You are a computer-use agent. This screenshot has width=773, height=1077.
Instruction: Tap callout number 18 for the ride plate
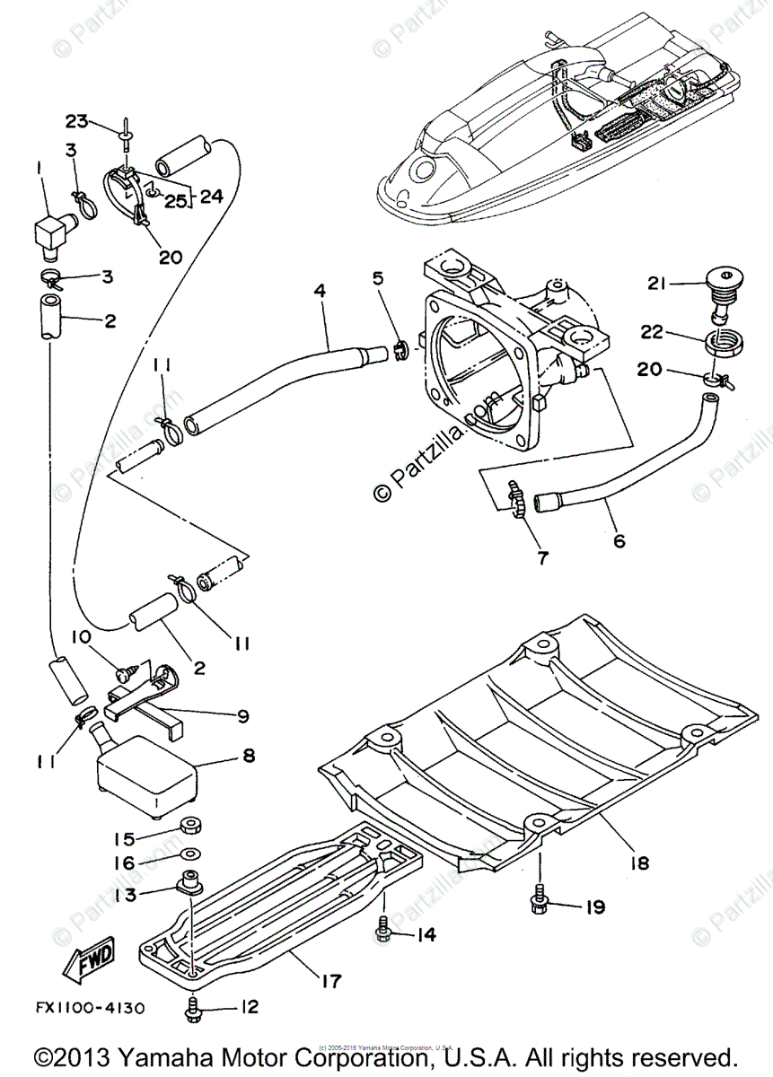pyautogui.click(x=639, y=863)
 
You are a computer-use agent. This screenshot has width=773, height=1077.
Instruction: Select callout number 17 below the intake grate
pyautogui.click(x=330, y=980)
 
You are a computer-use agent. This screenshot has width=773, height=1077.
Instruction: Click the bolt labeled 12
pyautogui.click(x=194, y=1008)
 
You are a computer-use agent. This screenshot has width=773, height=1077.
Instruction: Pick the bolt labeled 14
pyautogui.click(x=383, y=933)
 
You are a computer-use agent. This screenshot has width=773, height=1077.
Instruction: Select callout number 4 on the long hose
pyautogui.click(x=320, y=291)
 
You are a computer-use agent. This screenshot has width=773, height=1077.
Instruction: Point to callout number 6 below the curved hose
pyautogui.click(x=619, y=541)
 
